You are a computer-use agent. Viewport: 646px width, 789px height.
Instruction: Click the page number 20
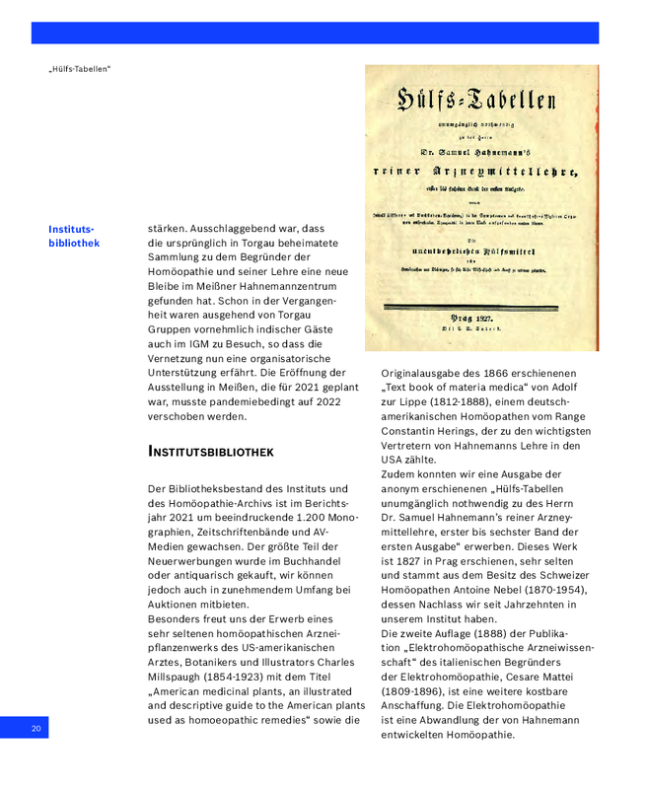(x=36, y=728)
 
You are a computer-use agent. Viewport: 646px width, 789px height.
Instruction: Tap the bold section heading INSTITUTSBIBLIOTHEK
(x=210, y=451)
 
